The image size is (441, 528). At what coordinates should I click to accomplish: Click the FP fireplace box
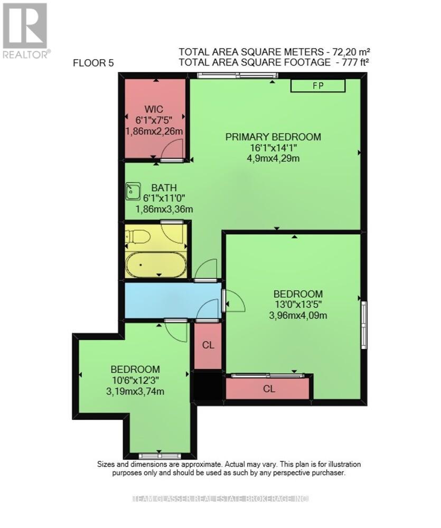pyautogui.click(x=317, y=86)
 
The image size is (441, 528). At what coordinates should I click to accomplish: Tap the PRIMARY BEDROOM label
pyautogui.click(x=273, y=137)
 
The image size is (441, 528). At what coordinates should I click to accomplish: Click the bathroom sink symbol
pyautogui.click(x=133, y=191)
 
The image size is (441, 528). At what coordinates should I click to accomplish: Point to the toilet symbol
pyautogui.click(x=139, y=235)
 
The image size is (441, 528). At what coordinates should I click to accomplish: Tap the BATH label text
pyautogui.click(x=164, y=187)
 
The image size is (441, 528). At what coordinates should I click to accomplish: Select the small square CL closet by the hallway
pyautogui.click(x=208, y=345)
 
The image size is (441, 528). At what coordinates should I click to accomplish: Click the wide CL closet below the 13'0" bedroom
pyautogui.click(x=269, y=389)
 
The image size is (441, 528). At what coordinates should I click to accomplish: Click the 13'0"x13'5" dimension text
pyautogui.click(x=298, y=305)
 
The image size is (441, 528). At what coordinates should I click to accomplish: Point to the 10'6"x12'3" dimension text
pyautogui.click(x=135, y=380)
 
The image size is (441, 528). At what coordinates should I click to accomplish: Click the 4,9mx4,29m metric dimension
pyautogui.click(x=273, y=158)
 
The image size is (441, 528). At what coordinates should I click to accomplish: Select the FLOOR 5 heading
pyautogui.click(x=93, y=64)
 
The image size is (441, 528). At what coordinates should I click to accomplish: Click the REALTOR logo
pyautogui.click(x=25, y=30)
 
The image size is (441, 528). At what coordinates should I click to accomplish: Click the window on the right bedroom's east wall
pyautogui.click(x=364, y=324)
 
